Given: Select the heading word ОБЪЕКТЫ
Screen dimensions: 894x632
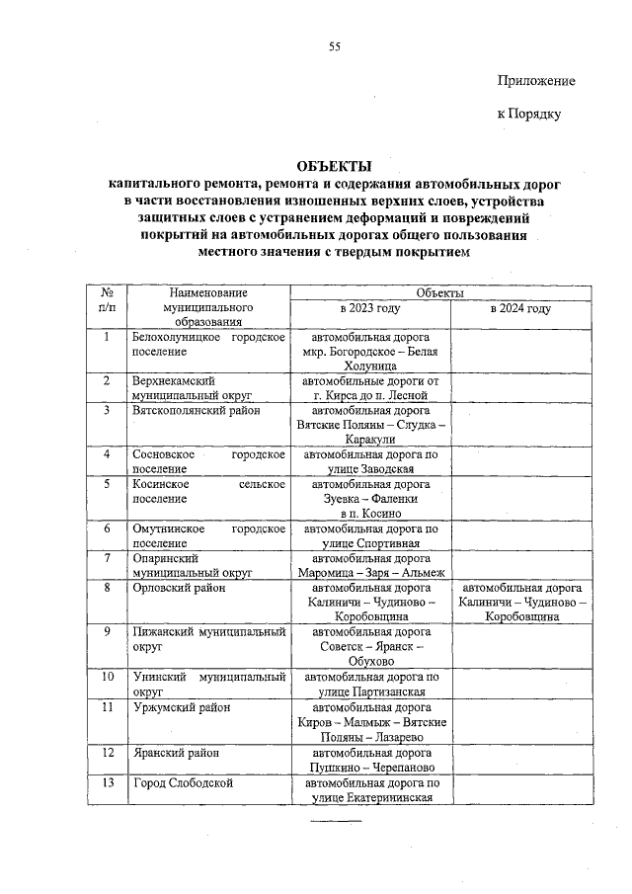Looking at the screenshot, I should [336, 166].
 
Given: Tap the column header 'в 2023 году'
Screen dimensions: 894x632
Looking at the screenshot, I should [369, 308].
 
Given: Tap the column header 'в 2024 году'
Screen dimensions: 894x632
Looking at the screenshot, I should [520, 308].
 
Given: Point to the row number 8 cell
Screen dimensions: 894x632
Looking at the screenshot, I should [107, 589].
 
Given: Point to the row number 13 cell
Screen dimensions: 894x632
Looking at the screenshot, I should [107, 783].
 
